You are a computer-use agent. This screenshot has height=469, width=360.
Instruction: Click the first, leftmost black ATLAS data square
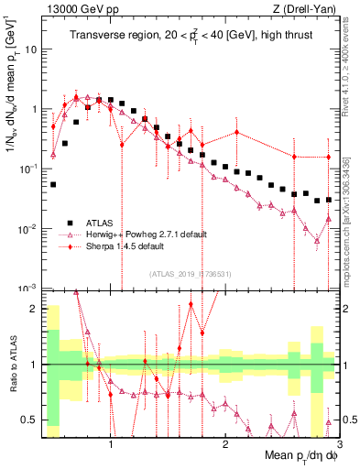pos(53,184)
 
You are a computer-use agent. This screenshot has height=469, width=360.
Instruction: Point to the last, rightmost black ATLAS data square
pos(329,199)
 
